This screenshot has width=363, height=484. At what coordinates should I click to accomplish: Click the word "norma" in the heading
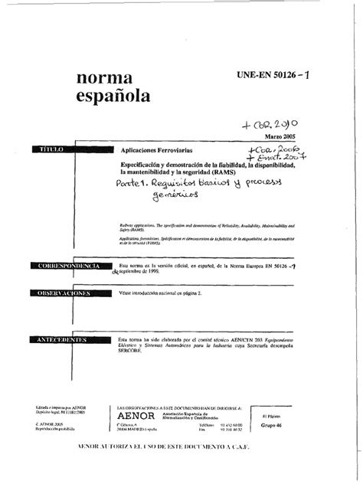105,79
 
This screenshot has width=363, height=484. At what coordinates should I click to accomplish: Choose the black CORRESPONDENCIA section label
68,265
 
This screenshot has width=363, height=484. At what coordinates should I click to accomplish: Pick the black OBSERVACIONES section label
68,293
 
